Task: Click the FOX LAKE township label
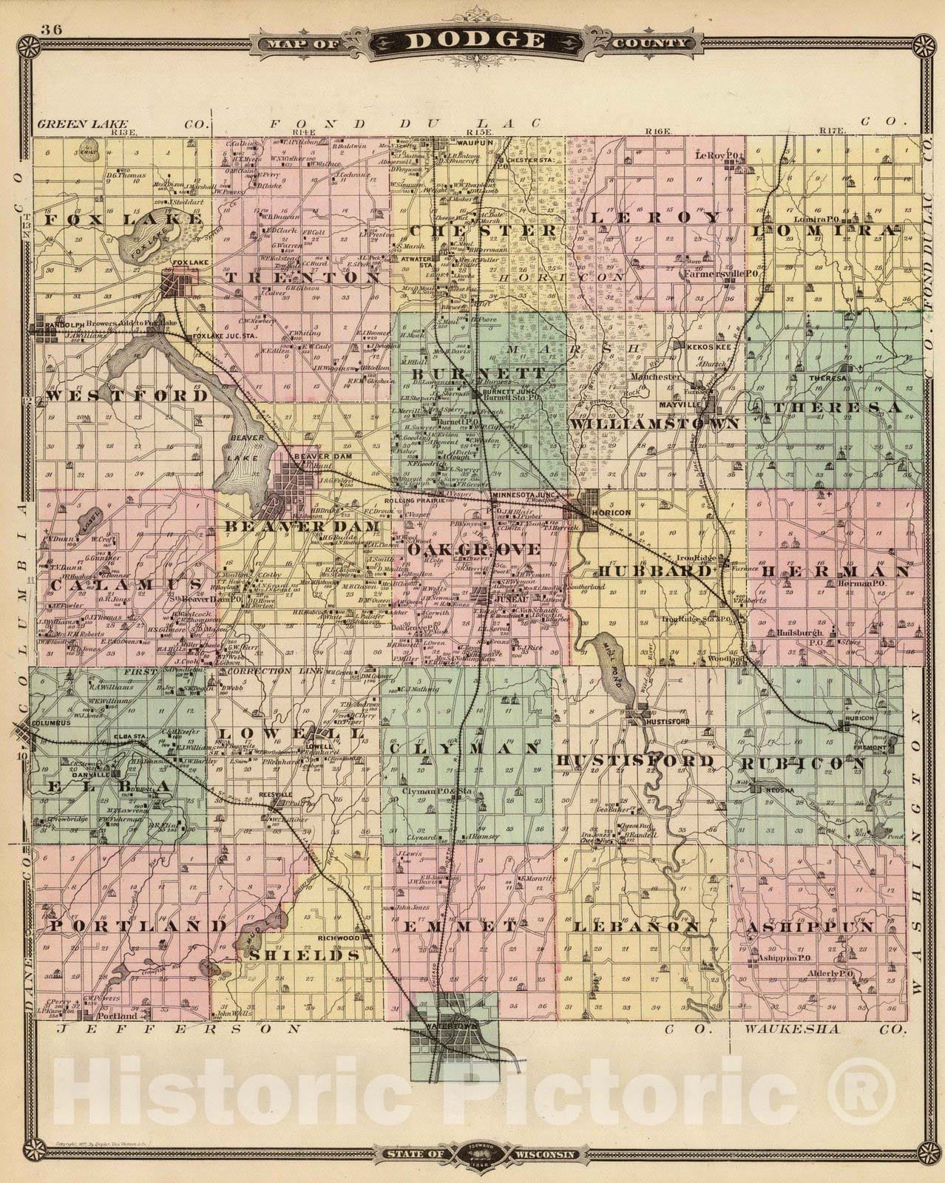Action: tap(122, 220)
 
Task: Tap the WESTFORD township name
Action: tap(127, 396)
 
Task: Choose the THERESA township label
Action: tap(836, 407)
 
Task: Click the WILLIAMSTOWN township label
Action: tap(654, 424)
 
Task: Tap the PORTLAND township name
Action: tap(138, 925)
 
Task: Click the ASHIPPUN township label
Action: tap(810, 926)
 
